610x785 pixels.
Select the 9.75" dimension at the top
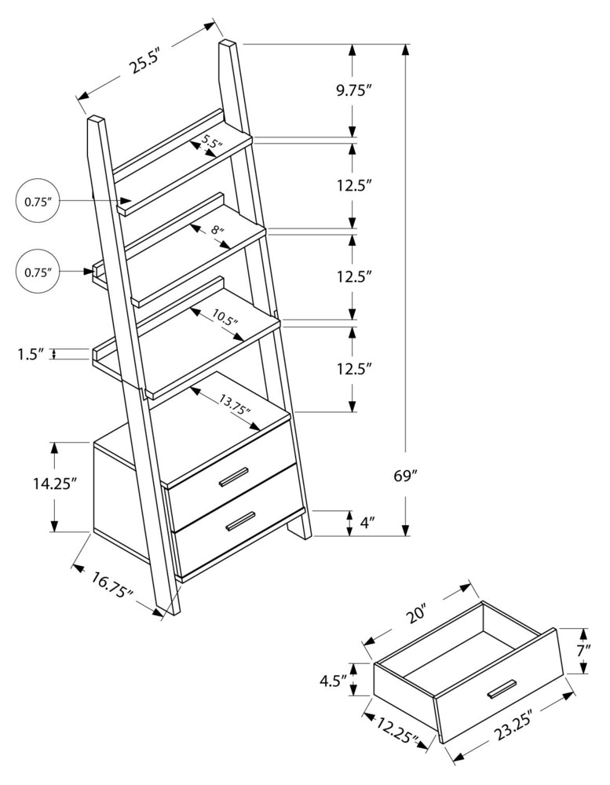[353, 90]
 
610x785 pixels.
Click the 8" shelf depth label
[217, 232]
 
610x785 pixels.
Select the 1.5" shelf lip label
[29, 354]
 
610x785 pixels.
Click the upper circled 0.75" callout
[38, 202]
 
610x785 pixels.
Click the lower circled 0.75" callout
[38, 272]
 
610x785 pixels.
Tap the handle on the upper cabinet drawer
[233, 477]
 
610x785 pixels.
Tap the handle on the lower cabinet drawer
[240, 521]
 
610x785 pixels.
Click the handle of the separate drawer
[501, 688]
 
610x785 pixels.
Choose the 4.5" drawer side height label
[332, 680]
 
